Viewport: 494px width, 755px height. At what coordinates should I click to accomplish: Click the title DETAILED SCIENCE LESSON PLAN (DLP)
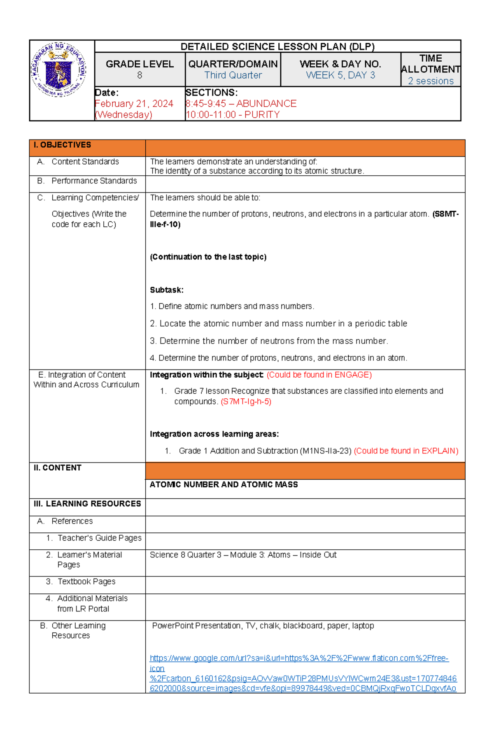click(277, 46)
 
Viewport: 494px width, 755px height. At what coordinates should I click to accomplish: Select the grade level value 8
click(140, 75)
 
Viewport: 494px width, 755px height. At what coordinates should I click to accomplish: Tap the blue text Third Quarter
click(233, 75)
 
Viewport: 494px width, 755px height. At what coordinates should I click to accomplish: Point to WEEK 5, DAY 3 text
click(340, 75)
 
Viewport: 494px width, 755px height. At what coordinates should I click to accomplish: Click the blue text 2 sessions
click(431, 81)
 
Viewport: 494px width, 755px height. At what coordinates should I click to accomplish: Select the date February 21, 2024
click(134, 104)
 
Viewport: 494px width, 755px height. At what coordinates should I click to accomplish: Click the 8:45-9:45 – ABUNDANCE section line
click(241, 104)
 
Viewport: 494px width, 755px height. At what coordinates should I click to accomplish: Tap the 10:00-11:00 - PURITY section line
click(233, 115)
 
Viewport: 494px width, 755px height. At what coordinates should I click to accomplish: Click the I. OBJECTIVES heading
click(62, 145)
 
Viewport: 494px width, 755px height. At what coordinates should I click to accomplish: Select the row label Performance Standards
click(94, 181)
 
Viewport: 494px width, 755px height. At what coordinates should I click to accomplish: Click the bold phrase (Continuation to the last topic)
click(208, 257)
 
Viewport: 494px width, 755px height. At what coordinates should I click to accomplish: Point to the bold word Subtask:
click(166, 290)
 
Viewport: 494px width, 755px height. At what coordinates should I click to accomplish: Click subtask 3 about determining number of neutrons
click(269, 341)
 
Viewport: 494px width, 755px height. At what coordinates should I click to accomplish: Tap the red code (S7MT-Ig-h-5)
click(246, 402)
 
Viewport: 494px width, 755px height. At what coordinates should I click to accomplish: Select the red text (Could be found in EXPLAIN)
click(406, 451)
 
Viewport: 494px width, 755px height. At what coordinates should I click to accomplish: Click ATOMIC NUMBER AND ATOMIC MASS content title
click(224, 485)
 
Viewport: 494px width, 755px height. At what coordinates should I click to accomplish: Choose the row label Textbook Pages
click(86, 582)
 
